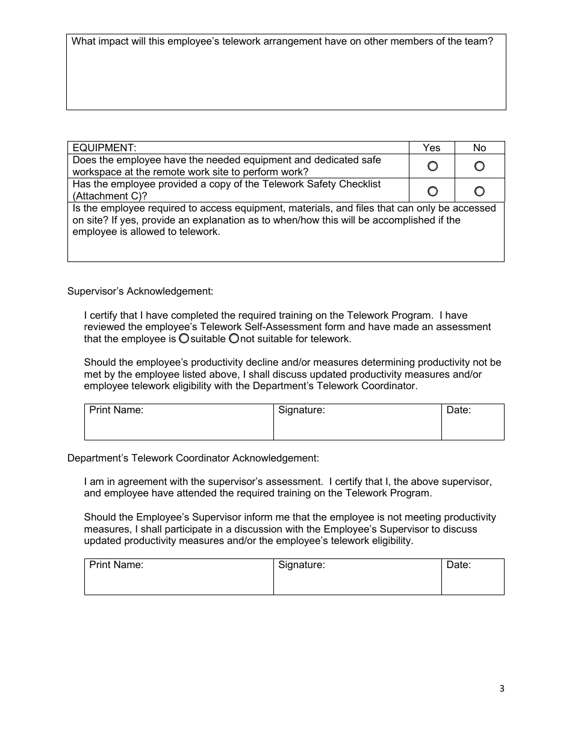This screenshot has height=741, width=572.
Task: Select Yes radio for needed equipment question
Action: tap(432, 166)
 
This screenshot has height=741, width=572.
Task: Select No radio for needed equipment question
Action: tap(479, 166)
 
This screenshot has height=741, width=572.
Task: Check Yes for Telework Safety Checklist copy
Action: tap(432, 191)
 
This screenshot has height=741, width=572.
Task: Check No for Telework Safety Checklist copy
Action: tap(479, 191)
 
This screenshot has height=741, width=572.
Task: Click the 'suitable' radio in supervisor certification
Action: tap(184, 339)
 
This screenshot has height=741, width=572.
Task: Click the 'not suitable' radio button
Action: tap(234, 339)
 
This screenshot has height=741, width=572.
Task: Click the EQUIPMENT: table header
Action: tap(105, 148)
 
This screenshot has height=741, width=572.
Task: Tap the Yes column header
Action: tap(432, 148)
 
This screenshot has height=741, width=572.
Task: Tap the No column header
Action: tap(479, 148)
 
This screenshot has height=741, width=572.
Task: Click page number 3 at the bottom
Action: tap(502, 689)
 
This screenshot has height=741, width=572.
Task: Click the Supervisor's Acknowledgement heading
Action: tap(140, 292)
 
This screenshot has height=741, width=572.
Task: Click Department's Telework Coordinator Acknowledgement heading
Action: tap(193, 458)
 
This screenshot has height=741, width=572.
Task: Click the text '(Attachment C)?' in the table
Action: tap(110, 196)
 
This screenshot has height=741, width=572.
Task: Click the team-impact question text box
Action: tap(286, 78)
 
